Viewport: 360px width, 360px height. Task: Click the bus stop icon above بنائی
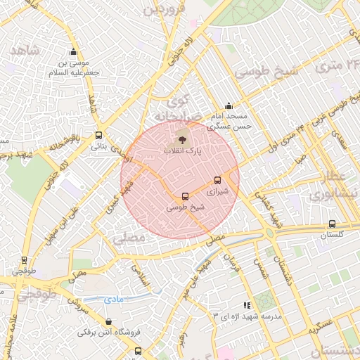pyautogui.click(x=98, y=136)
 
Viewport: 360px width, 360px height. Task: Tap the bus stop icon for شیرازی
pyautogui.click(x=217, y=180)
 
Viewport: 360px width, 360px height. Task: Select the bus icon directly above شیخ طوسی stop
pyautogui.click(x=185, y=197)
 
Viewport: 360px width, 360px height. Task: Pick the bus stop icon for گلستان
pyautogui.click(x=332, y=224)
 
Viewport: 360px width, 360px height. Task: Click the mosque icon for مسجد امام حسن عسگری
pyautogui.click(x=229, y=105)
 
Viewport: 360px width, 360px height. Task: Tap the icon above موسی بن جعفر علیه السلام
pyautogui.click(x=73, y=51)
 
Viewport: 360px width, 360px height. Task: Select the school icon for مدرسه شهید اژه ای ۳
pyautogui.click(x=247, y=305)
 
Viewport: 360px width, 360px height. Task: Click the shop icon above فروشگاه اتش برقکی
pyautogui.click(x=108, y=321)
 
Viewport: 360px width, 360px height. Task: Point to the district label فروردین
pyautogui.click(x=164, y=10)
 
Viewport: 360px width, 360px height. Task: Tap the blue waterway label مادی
pyautogui.click(x=113, y=300)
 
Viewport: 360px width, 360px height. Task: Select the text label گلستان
pyautogui.click(x=334, y=236)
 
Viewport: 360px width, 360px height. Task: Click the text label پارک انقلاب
pyautogui.click(x=183, y=150)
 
